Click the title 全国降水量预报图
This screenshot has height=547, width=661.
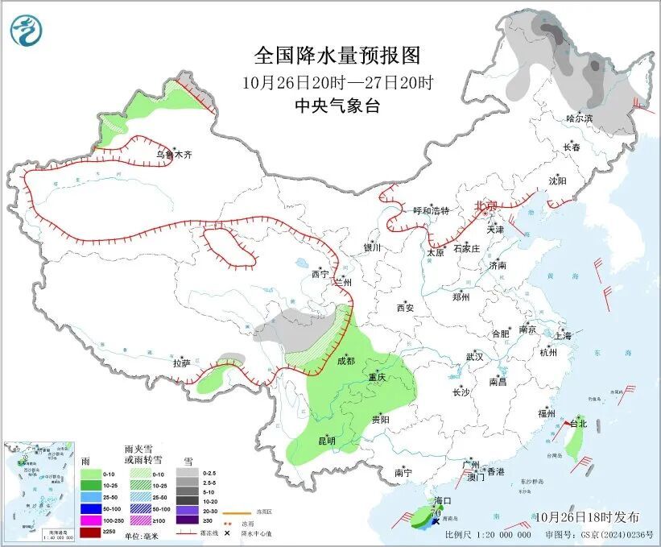337,56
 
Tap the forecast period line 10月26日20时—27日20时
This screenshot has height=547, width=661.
337,82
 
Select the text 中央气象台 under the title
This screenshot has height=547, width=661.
337,106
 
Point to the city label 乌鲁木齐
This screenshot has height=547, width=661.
175,154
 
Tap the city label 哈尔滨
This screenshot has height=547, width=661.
579,118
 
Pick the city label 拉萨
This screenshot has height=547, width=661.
181,363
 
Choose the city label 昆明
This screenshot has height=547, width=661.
326,441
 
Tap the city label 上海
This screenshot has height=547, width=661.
563,335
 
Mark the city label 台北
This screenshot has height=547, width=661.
578,424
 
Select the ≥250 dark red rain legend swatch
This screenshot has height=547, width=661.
91,532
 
